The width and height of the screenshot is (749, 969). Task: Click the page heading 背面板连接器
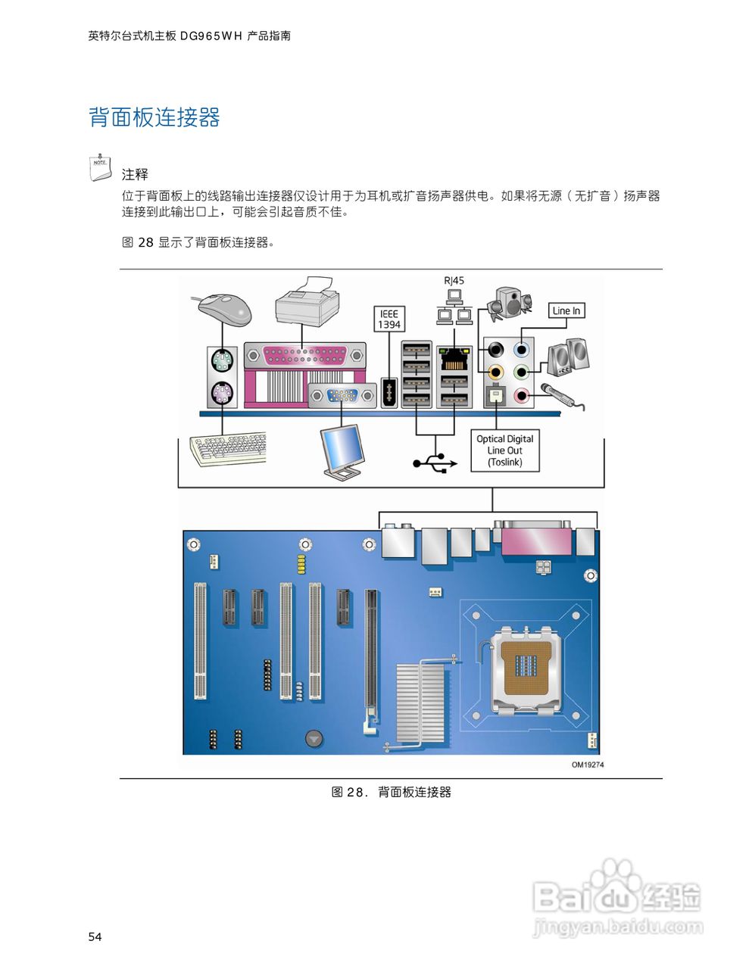(154, 117)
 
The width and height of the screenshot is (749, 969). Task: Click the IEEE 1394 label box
(389, 319)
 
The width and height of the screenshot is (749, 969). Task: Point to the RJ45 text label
(454, 281)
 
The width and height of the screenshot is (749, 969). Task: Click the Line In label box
(566, 310)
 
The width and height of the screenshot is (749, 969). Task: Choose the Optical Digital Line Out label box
(504, 450)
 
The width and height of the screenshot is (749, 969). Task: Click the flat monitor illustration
(342, 451)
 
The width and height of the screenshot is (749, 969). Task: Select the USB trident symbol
(435, 463)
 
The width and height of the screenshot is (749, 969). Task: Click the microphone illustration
(560, 395)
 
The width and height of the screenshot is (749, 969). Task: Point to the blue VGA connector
(342, 395)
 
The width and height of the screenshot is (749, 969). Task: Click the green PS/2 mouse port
(222, 360)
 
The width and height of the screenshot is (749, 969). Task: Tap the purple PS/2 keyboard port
(222, 394)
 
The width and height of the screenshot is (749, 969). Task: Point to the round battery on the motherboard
(314, 738)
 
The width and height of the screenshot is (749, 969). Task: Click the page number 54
(95, 937)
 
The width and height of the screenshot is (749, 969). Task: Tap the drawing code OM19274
(587, 765)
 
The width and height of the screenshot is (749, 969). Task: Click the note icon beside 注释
(100, 167)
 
